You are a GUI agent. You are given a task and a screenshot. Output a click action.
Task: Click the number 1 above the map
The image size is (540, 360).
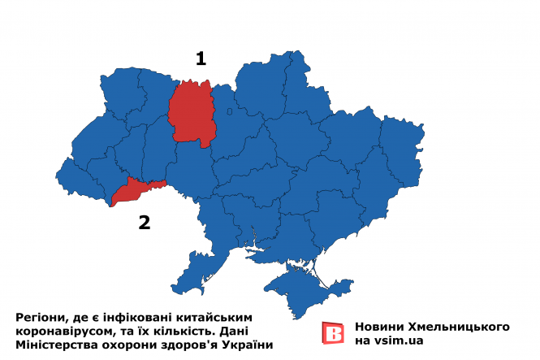tap(200, 58)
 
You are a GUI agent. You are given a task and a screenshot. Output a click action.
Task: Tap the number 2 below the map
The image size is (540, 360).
tap(145, 222)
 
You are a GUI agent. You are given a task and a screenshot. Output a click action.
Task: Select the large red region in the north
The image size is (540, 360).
tap(192, 114)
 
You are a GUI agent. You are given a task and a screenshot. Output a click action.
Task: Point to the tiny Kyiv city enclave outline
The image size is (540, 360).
tap(230, 111)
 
